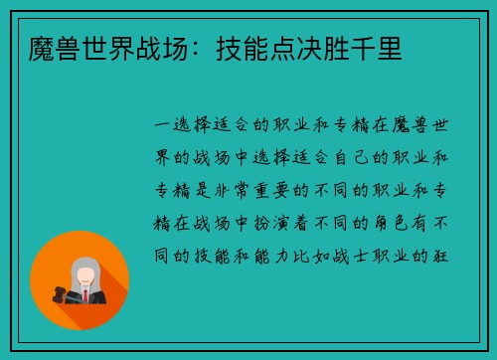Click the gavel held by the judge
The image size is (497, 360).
pos(54,293)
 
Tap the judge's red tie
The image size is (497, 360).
pos(86,295)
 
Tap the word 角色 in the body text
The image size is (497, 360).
pos(389,222)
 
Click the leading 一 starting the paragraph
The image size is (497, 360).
pos(161,124)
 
